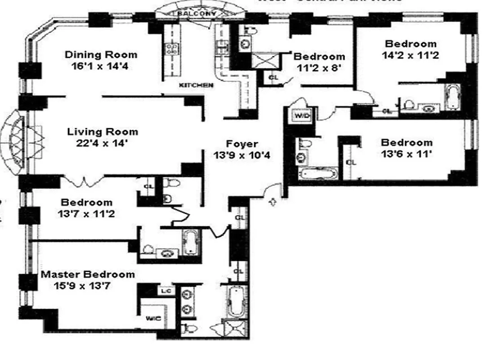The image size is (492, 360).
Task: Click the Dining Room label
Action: [101, 55]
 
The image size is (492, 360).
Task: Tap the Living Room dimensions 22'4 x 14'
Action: [103, 144]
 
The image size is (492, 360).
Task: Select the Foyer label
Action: [242, 144]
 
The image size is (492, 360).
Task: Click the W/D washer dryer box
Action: [302, 116]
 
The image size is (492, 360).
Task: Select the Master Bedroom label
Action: [88, 274]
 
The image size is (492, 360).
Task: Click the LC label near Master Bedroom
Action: [166, 291]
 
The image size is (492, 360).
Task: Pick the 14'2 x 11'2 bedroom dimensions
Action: [411, 56]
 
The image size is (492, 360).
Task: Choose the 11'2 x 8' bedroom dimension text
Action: [319, 69]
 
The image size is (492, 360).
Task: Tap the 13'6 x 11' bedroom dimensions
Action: [407, 154]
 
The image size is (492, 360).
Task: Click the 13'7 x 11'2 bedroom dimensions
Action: [86, 214]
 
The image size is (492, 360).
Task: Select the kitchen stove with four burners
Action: [171, 49]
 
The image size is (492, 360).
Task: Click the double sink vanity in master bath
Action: [187, 301]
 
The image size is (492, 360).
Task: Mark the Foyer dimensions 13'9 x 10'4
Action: [242, 156]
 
